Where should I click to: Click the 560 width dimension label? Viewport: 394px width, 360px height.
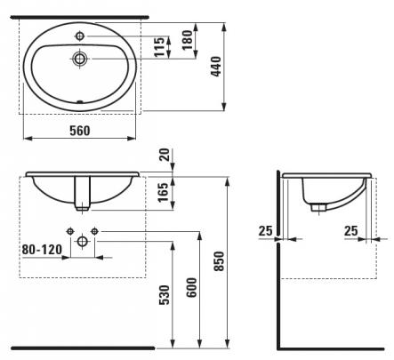[80, 131]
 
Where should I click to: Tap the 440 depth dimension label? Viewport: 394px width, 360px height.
[216, 67]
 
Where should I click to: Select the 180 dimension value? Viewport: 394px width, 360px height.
[188, 40]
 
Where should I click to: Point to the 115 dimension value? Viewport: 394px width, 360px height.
[159, 47]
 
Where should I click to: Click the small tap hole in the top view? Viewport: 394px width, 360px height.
[80, 36]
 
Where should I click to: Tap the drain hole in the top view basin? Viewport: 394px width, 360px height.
[80, 59]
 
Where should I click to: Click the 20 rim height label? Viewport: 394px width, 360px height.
[165, 155]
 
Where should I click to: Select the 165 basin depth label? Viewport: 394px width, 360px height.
[163, 192]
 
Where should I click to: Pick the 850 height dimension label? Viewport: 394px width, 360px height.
[220, 261]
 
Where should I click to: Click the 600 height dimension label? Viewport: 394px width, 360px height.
[191, 287]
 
